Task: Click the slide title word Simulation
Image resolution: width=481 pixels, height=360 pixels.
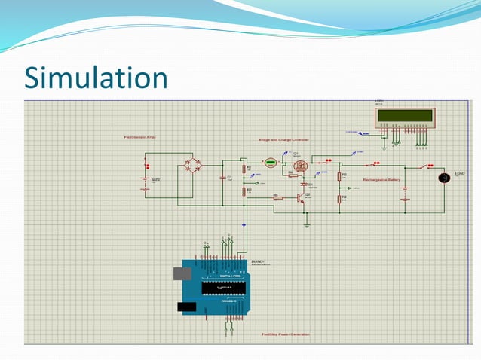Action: [x=95, y=78]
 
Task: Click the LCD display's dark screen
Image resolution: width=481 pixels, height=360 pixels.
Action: [x=406, y=115]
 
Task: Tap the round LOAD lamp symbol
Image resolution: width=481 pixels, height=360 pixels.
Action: [x=444, y=178]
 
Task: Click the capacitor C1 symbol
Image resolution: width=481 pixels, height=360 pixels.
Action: [x=223, y=178]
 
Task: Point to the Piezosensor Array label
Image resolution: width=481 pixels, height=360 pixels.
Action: [x=139, y=137]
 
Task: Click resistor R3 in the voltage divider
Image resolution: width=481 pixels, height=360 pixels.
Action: [x=339, y=177]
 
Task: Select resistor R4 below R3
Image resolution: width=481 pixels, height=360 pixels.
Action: [x=339, y=199]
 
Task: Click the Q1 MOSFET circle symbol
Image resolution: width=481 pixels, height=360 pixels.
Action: [x=299, y=165]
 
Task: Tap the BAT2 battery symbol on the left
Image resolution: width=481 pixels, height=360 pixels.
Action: [x=146, y=180]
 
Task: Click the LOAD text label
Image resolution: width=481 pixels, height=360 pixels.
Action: [x=460, y=172]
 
